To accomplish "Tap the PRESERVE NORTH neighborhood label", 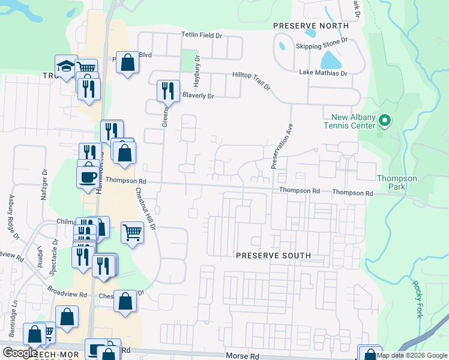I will [x=310, y=26].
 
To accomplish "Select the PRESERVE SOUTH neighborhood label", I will [x=273, y=256].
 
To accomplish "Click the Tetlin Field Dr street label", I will [x=202, y=36].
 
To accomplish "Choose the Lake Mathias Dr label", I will [x=324, y=73].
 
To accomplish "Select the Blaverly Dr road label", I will [x=198, y=95].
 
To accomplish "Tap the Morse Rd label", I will [x=243, y=356].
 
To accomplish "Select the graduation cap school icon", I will [x=65, y=65].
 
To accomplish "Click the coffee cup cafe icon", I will [x=88, y=176].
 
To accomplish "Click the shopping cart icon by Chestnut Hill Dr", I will [x=131, y=231].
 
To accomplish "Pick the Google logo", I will [x=20, y=353].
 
